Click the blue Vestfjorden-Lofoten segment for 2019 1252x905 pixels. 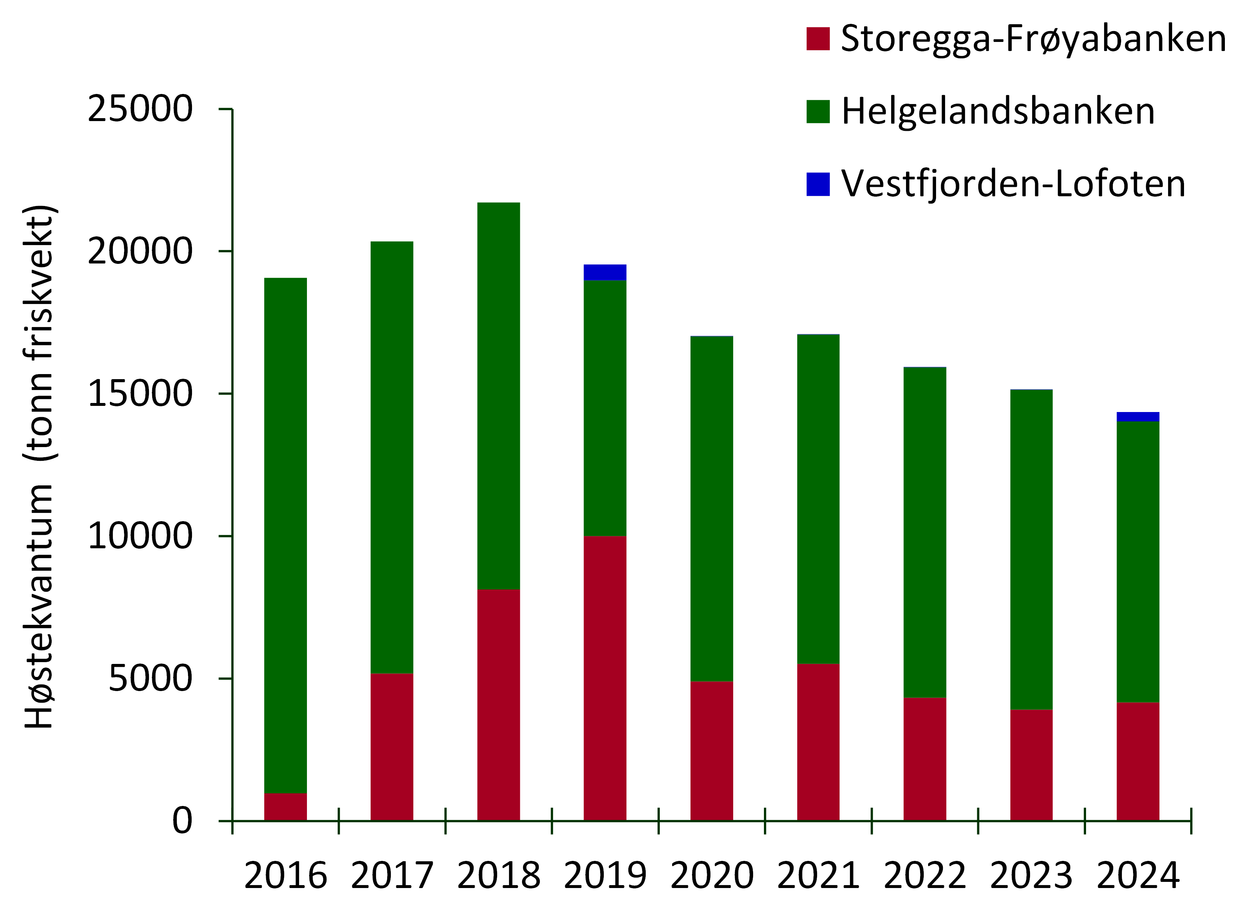click(604, 272)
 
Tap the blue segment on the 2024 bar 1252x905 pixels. click(1138, 417)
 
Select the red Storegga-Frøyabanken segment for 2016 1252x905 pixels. click(285, 806)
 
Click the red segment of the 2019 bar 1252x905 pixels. click(604, 678)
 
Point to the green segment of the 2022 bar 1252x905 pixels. click(925, 532)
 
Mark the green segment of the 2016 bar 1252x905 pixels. click(285, 535)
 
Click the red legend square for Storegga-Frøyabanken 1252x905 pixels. click(817, 39)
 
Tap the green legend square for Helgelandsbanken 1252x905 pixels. click(817, 111)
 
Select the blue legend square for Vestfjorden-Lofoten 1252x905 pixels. click(817, 184)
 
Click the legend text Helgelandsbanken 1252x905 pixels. click(997, 111)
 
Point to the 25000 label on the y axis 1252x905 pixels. click(140, 109)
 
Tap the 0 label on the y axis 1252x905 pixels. click(182, 820)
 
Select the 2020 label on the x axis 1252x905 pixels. click(712, 875)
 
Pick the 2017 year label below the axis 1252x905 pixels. click(392, 875)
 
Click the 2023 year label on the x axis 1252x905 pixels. click(1031, 875)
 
